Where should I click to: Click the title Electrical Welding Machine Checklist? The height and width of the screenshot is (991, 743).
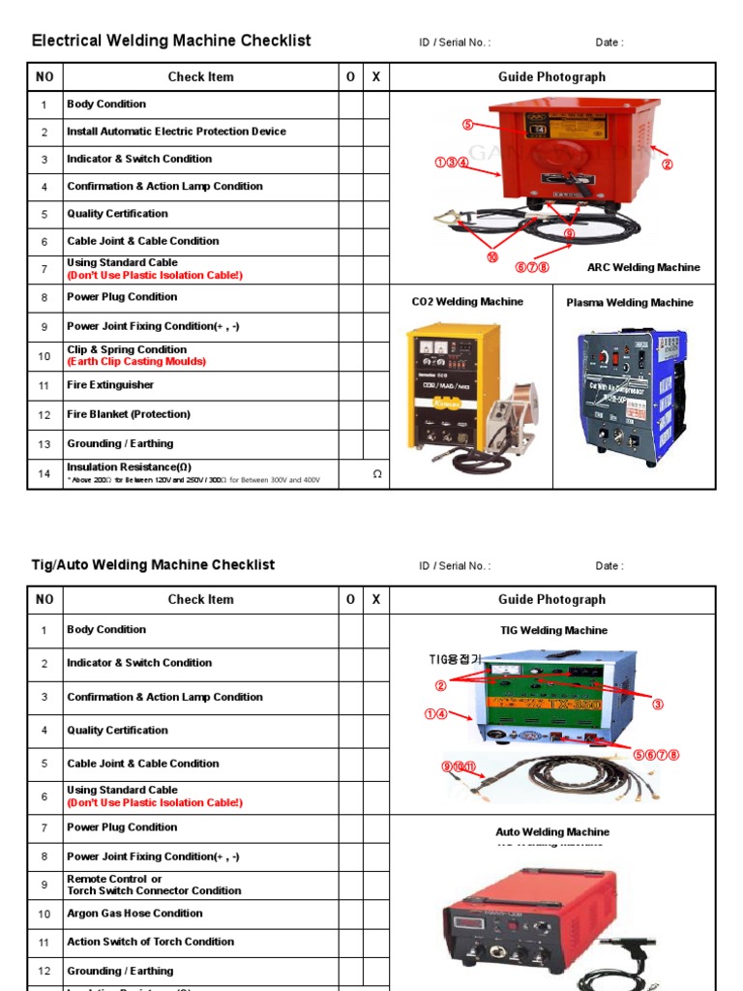171,41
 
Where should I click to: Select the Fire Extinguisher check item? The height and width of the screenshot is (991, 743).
110,385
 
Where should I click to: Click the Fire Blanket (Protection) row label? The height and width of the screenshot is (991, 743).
129,414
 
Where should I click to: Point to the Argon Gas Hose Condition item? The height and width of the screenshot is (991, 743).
134,914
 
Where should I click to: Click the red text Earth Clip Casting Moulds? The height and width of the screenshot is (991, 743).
136,362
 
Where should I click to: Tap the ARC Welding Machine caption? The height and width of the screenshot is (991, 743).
643,267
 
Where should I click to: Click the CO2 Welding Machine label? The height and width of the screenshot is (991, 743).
467,302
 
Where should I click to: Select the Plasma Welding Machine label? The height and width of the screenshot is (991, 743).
630,303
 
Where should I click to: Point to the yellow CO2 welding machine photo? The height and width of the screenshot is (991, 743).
455,387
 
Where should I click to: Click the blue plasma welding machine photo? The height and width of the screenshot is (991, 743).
631,392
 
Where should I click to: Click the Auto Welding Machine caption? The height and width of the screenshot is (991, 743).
552,832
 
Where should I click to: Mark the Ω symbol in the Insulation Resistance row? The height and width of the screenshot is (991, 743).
377,474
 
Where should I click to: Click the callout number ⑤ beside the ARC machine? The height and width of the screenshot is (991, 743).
467,125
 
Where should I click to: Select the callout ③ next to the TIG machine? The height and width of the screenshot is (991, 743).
658,705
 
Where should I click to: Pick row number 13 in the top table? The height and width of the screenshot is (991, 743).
45,444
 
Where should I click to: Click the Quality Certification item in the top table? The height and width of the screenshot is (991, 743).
117,214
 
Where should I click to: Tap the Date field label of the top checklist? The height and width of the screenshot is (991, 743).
609,43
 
